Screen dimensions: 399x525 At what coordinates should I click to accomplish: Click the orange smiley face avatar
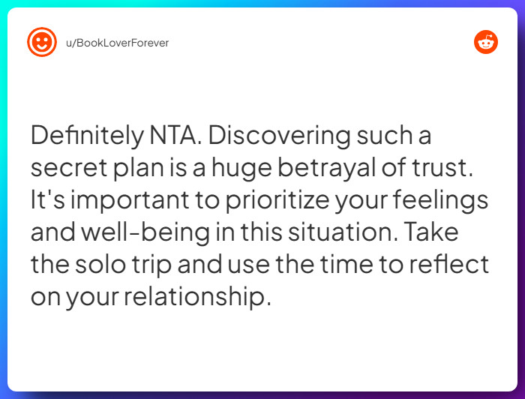(x=42, y=42)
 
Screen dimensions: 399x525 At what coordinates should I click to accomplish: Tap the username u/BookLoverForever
(x=118, y=43)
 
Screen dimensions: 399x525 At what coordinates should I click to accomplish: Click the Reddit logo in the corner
(x=485, y=42)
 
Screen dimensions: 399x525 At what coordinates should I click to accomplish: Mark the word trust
(x=446, y=169)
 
